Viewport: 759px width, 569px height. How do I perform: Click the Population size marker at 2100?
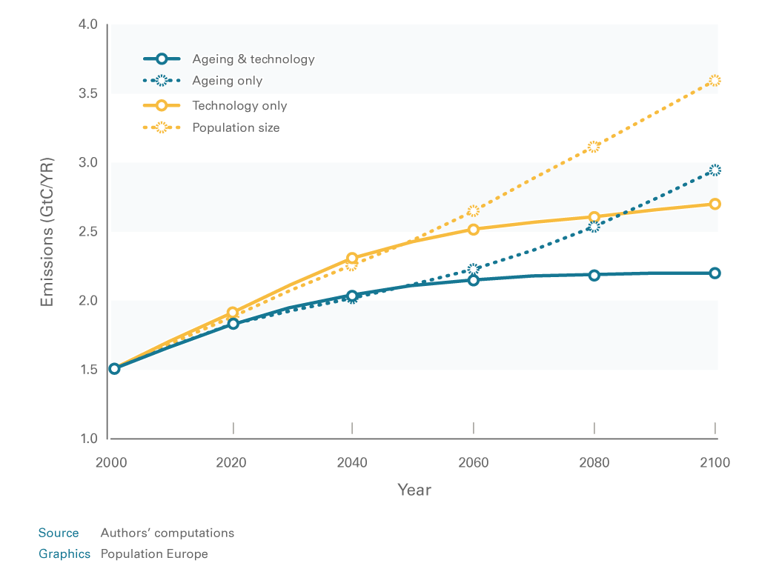715,81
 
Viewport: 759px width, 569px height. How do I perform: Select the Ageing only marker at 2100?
715,170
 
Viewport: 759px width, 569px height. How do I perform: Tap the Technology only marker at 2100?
715,204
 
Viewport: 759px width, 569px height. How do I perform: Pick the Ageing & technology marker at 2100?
715,273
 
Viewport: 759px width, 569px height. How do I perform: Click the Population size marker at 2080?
594,147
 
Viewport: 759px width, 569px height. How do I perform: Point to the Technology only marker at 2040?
352,259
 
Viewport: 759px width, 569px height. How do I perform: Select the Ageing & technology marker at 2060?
473,280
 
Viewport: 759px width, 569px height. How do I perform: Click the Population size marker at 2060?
473,211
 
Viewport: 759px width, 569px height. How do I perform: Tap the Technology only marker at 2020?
233,313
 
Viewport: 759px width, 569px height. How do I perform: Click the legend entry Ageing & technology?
253,59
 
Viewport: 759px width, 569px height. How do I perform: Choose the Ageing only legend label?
227,81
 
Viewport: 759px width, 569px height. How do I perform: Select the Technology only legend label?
239,106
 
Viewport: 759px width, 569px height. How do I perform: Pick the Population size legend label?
236,127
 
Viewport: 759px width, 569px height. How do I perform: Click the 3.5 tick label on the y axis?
88,93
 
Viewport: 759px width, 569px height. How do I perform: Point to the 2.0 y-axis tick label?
88,301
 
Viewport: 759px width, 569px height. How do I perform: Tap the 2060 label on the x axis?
473,463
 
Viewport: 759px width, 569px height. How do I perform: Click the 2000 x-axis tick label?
111,463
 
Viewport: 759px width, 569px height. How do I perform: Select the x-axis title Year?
414,490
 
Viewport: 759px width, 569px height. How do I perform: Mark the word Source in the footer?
59,533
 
